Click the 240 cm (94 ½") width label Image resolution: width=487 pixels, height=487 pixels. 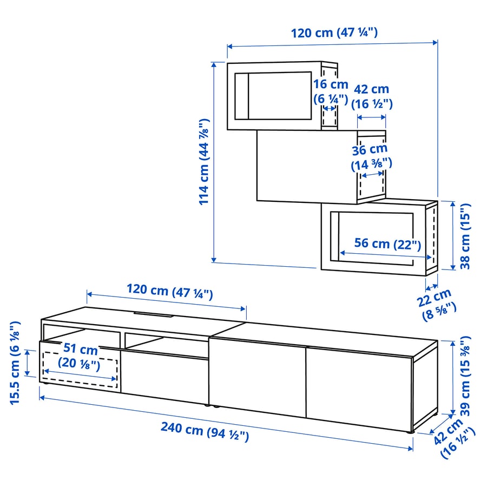(204, 431)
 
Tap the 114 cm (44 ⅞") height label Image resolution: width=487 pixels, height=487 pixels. (204, 162)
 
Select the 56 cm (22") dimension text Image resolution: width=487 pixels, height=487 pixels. (387, 243)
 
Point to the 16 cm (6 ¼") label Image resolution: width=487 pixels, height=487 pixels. (330, 91)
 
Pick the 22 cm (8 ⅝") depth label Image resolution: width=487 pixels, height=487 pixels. (438, 301)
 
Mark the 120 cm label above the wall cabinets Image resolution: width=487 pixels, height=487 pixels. (334, 32)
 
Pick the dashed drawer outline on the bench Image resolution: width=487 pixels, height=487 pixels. (80, 370)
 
